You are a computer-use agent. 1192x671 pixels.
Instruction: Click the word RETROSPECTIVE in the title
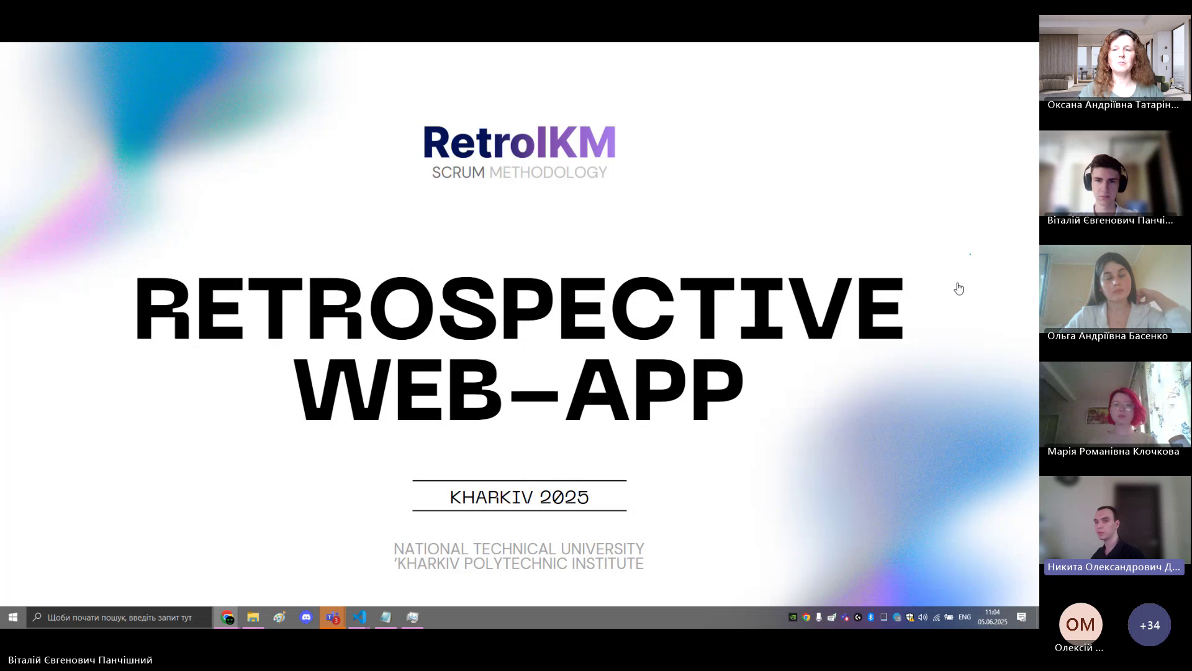519,309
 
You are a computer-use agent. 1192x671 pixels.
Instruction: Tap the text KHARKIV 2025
519,497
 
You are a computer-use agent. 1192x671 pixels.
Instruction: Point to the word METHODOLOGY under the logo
548,173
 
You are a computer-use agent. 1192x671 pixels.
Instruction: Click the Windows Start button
13,617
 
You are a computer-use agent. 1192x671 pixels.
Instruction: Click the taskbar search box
120,617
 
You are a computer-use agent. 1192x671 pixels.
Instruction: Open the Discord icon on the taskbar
306,617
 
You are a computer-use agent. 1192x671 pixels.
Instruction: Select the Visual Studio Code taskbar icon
359,617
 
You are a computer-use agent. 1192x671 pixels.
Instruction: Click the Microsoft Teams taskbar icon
333,617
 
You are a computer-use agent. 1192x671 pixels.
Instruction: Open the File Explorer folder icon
253,617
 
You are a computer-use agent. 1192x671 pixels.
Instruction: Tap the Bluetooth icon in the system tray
870,617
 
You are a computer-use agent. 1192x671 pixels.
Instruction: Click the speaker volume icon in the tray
923,617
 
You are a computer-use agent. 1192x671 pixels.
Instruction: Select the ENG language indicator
964,617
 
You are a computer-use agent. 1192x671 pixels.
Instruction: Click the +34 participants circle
1149,624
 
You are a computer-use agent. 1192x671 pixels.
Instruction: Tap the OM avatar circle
1080,624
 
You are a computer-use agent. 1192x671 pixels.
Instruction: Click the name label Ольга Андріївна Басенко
1108,336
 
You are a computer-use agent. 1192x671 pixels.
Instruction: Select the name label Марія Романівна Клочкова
1113,452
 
